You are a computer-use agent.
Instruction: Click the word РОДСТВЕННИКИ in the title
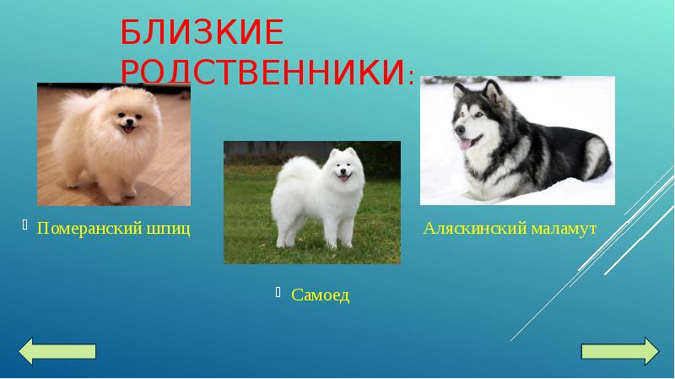(x=262, y=71)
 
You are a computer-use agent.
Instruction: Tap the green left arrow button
(x=57, y=350)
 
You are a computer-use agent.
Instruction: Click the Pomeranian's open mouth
(x=127, y=129)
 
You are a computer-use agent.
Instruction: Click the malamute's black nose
(x=456, y=131)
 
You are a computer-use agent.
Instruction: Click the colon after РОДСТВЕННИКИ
(x=410, y=79)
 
